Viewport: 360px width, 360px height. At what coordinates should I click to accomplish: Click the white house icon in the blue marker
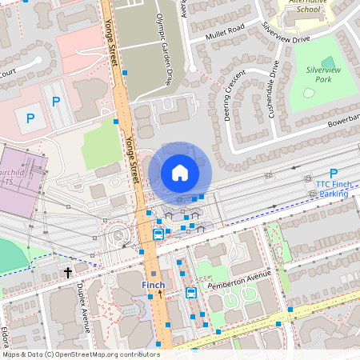pos(180,173)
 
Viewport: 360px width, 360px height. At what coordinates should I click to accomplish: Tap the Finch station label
pos(154,286)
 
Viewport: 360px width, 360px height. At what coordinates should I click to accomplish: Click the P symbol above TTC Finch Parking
pos(334,173)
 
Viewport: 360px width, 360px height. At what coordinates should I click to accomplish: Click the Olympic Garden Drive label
pos(164,48)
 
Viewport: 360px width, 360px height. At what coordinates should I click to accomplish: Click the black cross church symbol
pos(68,273)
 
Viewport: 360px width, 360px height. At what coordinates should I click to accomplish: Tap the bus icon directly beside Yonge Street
pos(158,234)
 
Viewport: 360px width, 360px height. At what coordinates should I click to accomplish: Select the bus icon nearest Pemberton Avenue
pos(191,293)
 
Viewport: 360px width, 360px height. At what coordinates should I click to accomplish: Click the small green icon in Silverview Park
pos(328,62)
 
